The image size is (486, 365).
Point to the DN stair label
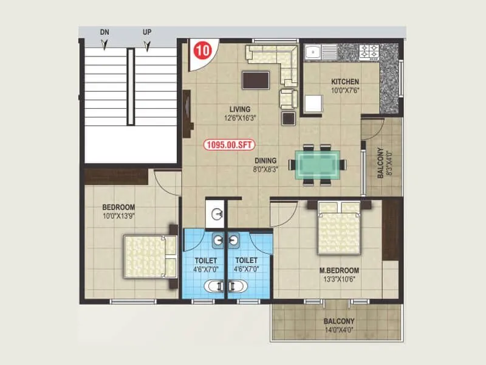104,32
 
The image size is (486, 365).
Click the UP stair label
146,32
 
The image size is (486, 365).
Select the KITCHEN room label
344,82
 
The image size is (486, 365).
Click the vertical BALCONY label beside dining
381,163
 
